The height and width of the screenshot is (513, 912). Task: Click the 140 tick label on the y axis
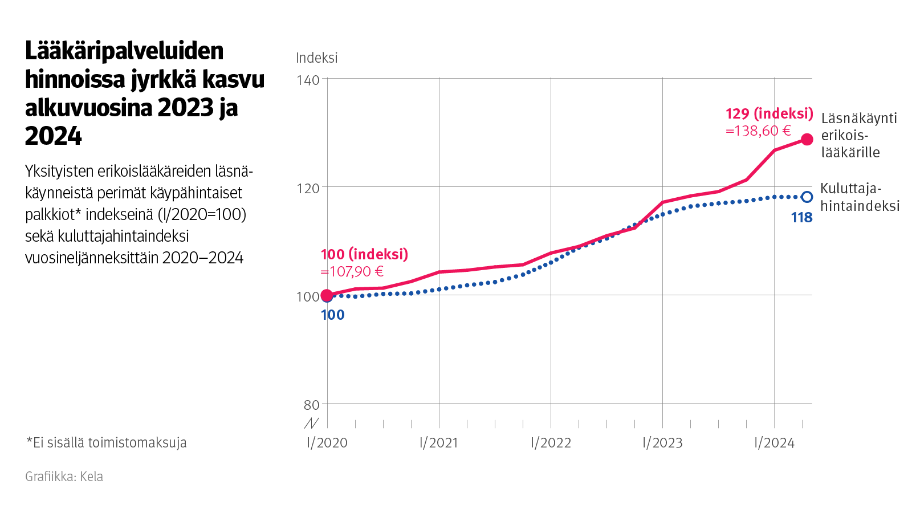click(308, 80)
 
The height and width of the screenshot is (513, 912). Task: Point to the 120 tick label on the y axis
click(308, 188)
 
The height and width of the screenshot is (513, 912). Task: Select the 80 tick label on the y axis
click(311, 405)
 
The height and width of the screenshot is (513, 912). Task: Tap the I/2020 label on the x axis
click(327, 443)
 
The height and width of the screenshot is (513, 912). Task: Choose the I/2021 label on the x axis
click(439, 443)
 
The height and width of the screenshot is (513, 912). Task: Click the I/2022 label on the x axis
click(551, 443)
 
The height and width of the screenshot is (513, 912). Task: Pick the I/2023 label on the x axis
click(662, 443)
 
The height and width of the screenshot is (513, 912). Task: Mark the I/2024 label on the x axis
click(774, 443)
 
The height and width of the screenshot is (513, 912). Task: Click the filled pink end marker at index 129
click(807, 140)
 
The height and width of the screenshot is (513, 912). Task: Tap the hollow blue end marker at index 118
click(807, 197)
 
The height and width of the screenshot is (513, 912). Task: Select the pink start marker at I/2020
click(327, 295)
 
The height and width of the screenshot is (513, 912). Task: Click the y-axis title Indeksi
click(316, 58)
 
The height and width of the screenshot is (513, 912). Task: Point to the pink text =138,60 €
click(758, 131)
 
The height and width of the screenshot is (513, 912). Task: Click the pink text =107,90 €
click(352, 272)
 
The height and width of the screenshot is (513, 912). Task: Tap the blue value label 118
click(801, 218)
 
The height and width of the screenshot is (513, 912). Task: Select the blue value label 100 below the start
click(333, 315)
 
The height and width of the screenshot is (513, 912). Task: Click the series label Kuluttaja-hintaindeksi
click(860, 197)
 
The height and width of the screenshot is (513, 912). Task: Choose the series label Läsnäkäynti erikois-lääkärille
click(858, 135)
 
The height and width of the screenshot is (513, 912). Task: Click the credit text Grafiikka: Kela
click(64, 477)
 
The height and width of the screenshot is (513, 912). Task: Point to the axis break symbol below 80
click(311, 423)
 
